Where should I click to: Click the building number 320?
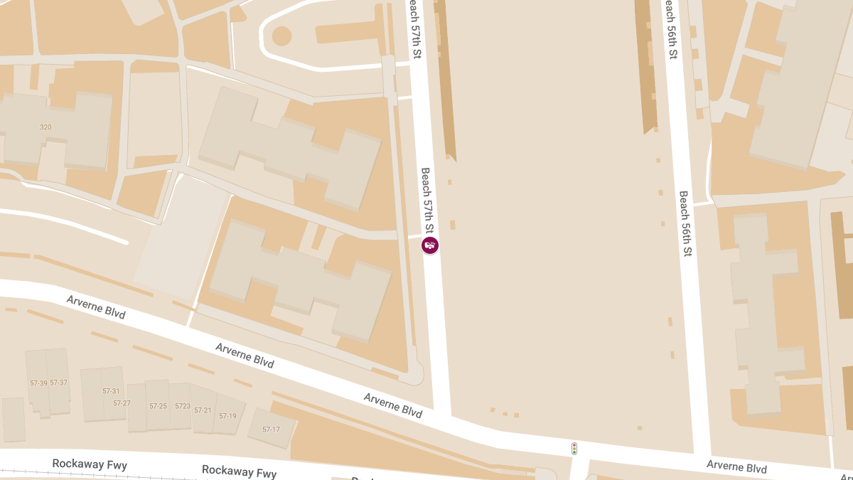45,127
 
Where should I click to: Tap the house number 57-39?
38,383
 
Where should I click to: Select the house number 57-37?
58,383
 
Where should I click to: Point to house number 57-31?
111,391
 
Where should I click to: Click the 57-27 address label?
122,403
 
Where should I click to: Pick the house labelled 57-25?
158,406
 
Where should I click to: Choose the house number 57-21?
203,410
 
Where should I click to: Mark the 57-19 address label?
227,416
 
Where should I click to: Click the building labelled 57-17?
271,430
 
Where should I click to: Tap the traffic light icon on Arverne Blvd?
574,449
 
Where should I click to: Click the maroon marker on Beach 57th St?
430,246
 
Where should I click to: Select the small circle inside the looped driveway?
282,36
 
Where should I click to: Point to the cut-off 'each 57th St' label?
415,28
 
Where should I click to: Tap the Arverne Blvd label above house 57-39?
96,306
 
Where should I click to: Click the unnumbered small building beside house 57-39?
14,419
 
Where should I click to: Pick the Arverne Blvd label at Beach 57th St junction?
392,405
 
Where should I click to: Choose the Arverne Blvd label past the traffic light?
736,467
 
